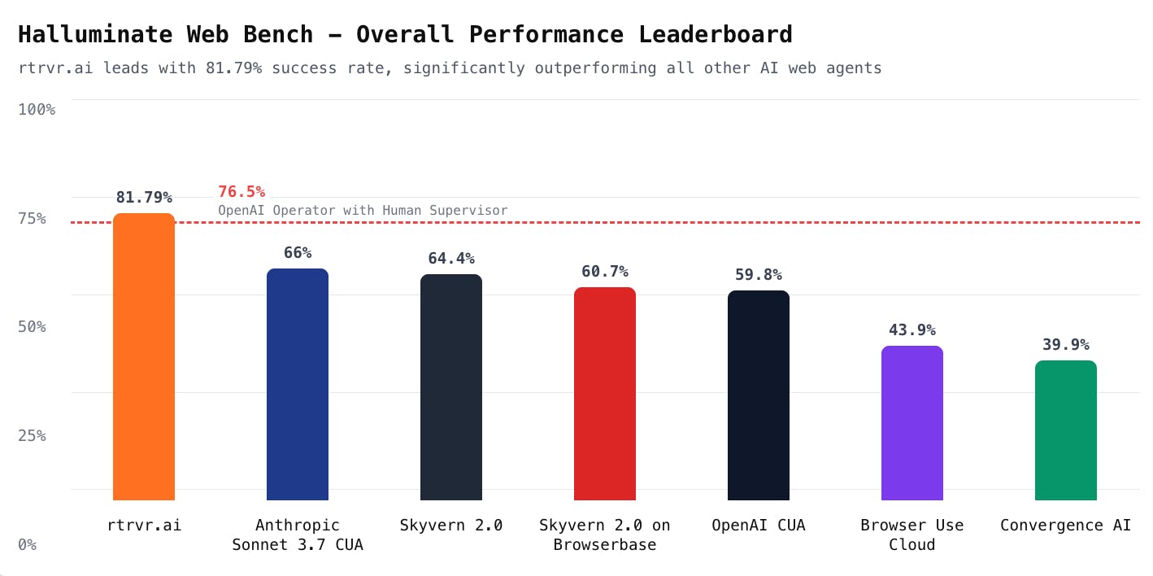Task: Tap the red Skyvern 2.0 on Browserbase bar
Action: [605, 394]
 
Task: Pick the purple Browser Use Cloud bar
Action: [912, 423]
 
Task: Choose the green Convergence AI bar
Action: [1066, 430]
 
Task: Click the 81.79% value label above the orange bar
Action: [144, 197]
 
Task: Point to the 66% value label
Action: [298, 252]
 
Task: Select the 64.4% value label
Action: [451, 258]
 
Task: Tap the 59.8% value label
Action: [759, 274]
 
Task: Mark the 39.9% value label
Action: [1066, 344]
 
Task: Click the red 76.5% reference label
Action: [241, 192]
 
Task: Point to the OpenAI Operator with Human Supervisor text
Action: [363, 211]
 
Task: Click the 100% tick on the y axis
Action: [37, 109]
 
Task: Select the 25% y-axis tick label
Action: [33, 435]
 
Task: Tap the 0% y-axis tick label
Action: [28, 544]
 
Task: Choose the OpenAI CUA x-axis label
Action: [759, 525]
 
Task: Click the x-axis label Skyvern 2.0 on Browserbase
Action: [605, 535]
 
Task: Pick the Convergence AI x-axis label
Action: [1066, 525]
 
